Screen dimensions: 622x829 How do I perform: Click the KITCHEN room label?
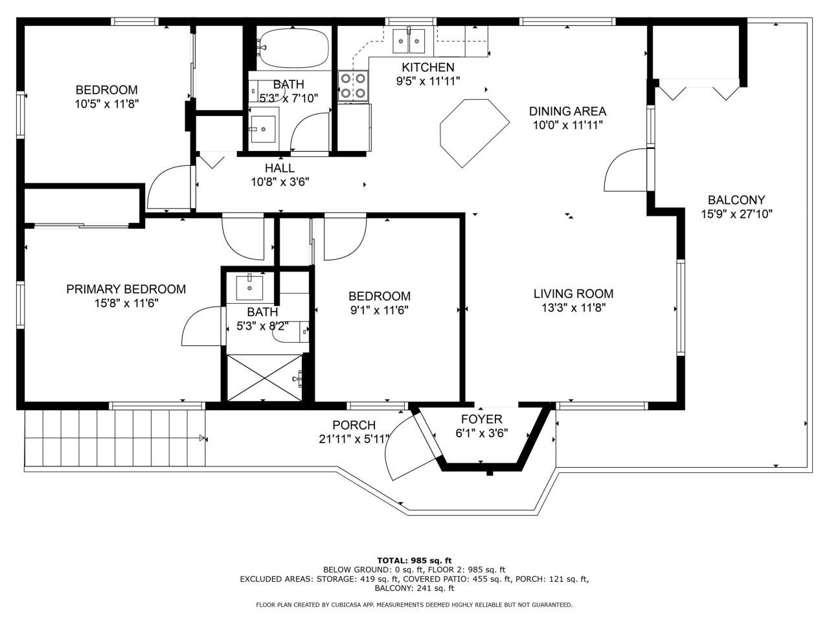[x=427, y=67]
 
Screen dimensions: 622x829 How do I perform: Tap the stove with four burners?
[x=353, y=86]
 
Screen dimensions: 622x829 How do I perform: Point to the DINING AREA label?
[x=567, y=111]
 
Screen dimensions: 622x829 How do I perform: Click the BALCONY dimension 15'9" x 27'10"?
[x=736, y=214]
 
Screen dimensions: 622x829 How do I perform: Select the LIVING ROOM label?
[x=573, y=294]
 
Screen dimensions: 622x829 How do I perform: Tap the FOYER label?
[x=481, y=419]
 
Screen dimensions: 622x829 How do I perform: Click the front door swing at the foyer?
[x=408, y=447]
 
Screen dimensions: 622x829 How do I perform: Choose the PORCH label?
[x=354, y=425]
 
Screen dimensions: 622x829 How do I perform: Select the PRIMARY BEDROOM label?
[x=126, y=289]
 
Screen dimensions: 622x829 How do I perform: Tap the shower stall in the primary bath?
[x=264, y=378]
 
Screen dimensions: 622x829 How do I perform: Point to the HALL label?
[x=279, y=168]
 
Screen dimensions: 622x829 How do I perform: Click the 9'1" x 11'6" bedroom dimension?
[x=379, y=310]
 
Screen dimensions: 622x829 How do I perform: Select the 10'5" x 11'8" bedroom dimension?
[x=106, y=103]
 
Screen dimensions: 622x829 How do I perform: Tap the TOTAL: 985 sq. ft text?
[x=414, y=560]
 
